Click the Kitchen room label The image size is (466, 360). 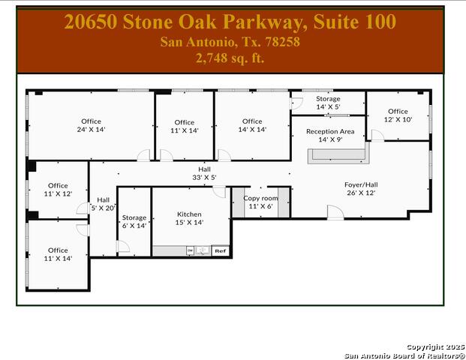pos(189,218)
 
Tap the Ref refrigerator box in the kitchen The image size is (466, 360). pos(220,250)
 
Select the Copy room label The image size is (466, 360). pos(260,202)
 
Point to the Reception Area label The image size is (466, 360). pos(329,135)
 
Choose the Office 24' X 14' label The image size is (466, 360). pos(91,125)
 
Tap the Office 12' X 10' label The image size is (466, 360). pos(398,115)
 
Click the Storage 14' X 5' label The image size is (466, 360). pos(328,103)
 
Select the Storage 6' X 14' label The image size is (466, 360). pos(134,221)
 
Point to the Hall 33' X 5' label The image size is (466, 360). pos(204,173)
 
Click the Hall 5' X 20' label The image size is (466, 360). pos(104,204)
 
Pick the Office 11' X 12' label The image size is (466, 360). pos(58,190)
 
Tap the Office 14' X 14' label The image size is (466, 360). pos(252,125)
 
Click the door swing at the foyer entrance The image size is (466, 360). pos(335,212)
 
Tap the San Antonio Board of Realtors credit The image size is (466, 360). pos(404,355)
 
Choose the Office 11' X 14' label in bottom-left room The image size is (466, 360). pos(58,254)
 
